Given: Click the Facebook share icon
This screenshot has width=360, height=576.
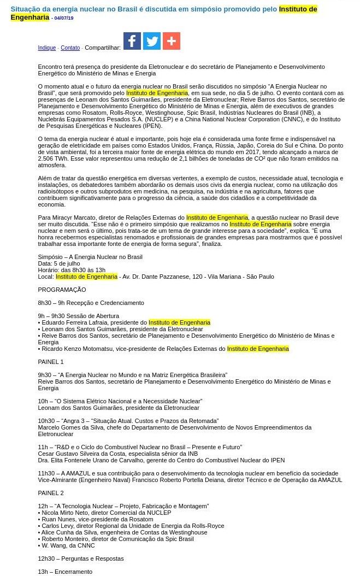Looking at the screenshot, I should coord(132,41).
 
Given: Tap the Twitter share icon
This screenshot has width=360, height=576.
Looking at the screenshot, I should coord(152,41).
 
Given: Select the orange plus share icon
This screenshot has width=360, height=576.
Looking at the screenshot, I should coord(172,41).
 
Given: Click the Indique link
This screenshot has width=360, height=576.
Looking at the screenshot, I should coord(46,48).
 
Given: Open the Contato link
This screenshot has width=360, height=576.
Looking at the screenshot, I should coord(70,48).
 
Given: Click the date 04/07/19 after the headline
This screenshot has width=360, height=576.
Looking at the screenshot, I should coord(63,18).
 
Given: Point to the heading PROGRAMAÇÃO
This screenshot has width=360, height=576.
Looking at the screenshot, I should coord(62,290).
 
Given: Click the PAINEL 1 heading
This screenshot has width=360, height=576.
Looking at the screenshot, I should coord(51,362).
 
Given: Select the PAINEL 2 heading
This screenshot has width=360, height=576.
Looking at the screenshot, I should coord(51,493).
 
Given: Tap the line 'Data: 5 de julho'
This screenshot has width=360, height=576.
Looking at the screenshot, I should coord(60,263).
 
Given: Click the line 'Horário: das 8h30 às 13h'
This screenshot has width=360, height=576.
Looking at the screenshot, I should coord(72,270).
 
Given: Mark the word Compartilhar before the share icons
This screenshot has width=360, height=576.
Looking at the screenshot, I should coord(103,48).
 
